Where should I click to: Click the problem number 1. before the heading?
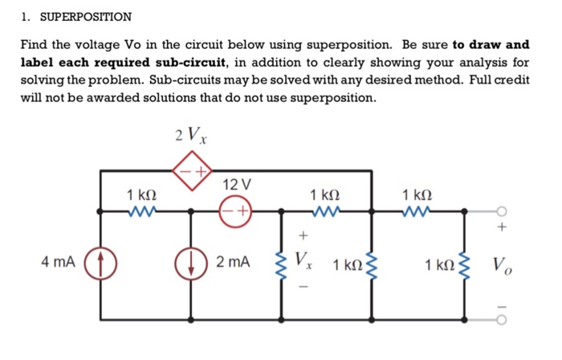click(x=26, y=16)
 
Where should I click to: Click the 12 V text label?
click(x=237, y=185)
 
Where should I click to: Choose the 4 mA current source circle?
click(x=102, y=262)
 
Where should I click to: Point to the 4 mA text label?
click(x=59, y=262)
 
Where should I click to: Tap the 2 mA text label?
click(x=234, y=262)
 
